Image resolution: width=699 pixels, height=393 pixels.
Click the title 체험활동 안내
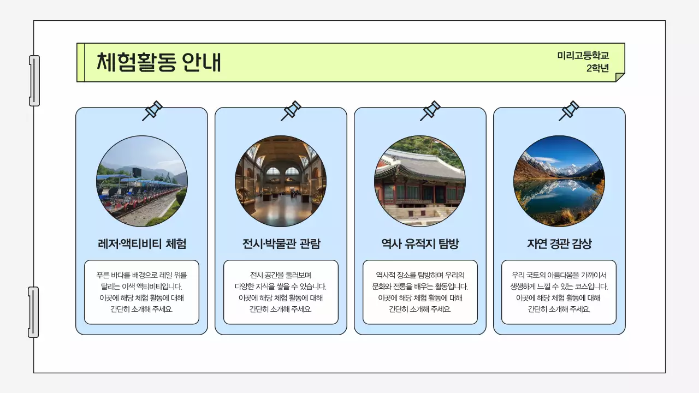(159, 62)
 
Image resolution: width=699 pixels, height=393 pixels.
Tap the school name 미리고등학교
(583, 56)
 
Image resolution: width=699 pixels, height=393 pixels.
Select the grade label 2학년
(597, 68)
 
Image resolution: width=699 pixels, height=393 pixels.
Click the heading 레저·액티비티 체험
(141, 243)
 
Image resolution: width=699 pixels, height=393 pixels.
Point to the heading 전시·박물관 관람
(281, 243)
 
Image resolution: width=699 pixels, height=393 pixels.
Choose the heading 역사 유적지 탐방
(420, 243)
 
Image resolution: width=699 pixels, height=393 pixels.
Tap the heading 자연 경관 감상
(559, 243)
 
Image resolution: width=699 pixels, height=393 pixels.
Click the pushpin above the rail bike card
(152, 111)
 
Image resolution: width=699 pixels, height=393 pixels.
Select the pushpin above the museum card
(291, 111)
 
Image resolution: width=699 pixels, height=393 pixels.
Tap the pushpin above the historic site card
(430, 111)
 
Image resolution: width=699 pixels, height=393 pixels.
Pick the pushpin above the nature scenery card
(569, 111)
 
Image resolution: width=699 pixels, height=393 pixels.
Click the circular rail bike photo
(142, 181)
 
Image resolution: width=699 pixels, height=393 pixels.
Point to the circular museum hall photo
(281, 181)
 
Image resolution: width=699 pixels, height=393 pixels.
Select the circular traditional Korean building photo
(420, 181)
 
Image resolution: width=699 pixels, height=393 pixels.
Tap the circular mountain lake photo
(559, 181)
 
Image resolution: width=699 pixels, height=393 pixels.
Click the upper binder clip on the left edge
(34, 81)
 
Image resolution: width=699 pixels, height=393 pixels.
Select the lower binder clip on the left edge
(33, 312)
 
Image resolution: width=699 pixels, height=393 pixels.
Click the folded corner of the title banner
(620, 77)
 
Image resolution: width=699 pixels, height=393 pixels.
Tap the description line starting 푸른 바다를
(141, 275)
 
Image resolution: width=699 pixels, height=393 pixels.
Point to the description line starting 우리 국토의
(559, 275)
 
